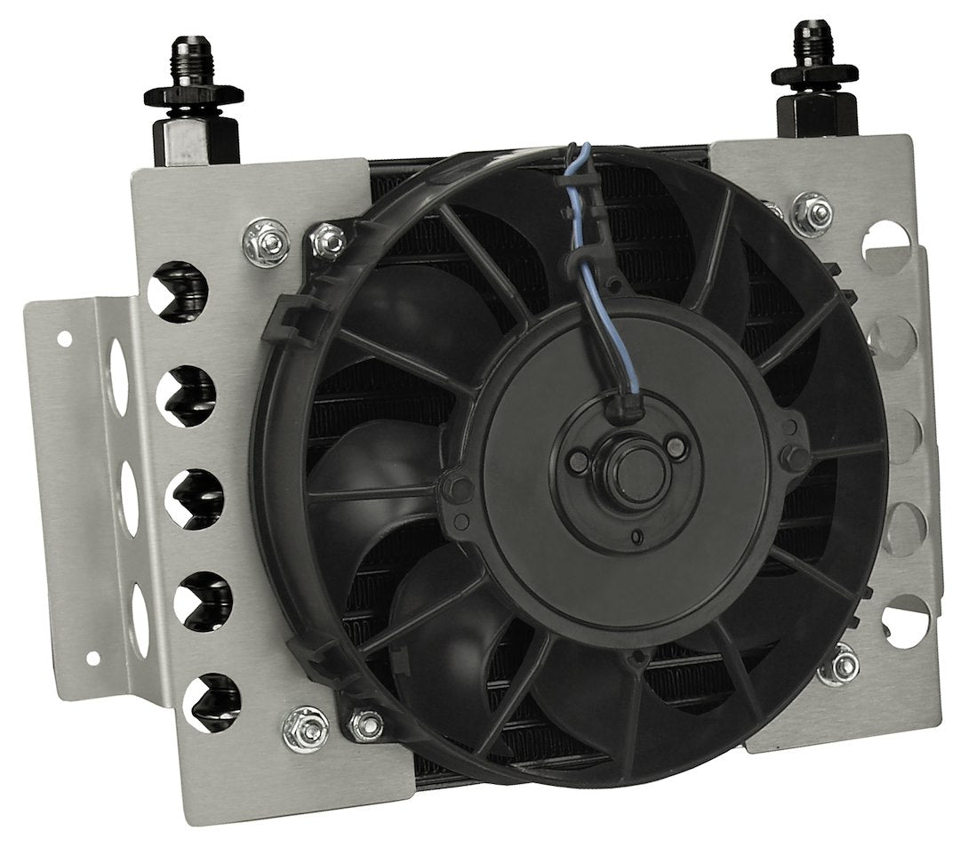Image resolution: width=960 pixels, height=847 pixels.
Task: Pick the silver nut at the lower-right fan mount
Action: coord(840,659)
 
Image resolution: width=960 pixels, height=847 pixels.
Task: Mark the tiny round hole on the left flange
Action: coord(65,339)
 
